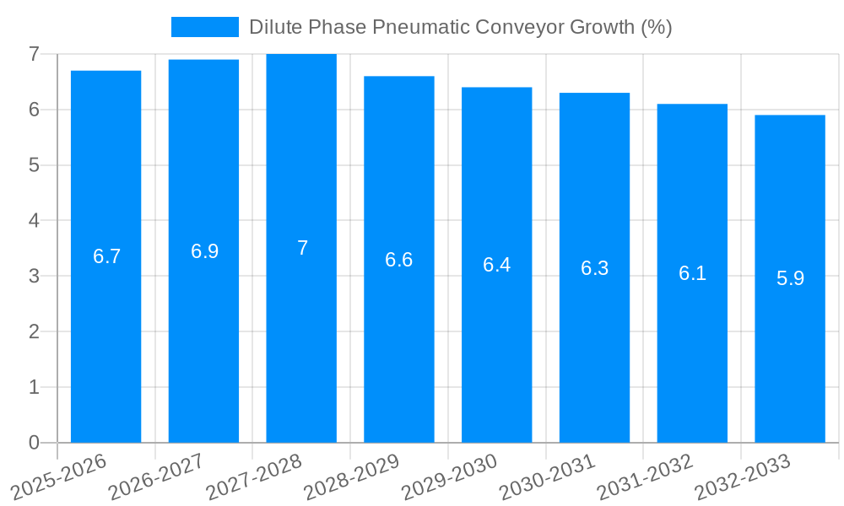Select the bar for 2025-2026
point(105,337)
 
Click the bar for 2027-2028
point(301,337)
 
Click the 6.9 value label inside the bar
point(204,251)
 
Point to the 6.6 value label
point(398,260)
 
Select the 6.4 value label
point(496,265)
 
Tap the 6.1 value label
point(692,273)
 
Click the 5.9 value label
point(790,278)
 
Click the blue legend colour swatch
point(204,27)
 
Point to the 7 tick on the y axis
point(34,54)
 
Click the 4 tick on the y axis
point(34,221)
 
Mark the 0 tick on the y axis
point(34,443)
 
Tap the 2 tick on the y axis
point(34,331)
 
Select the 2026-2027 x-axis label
point(155,476)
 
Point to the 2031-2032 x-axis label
point(644,476)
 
